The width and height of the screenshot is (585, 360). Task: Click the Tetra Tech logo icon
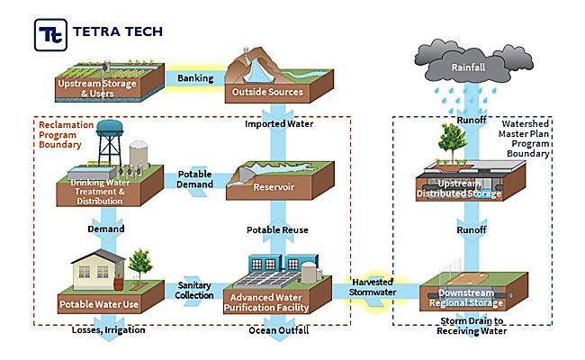pos(50,33)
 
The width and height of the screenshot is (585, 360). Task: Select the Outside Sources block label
pos(278,93)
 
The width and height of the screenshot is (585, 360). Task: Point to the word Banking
pos(194,78)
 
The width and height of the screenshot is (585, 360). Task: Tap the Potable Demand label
pos(195,179)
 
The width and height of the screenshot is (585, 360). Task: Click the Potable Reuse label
pos(278,230)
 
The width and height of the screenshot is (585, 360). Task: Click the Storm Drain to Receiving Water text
pos(472,326)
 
